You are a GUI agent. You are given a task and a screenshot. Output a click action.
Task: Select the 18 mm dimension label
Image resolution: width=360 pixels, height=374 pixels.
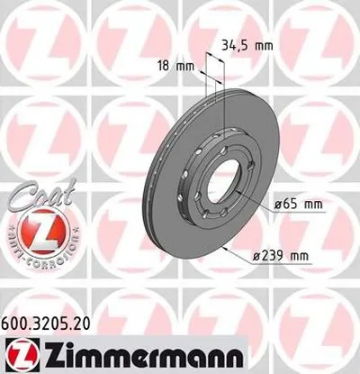[x=174, y=66]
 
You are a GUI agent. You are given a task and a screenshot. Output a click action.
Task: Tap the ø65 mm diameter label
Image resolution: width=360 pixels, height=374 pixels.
[x=296, y=204]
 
